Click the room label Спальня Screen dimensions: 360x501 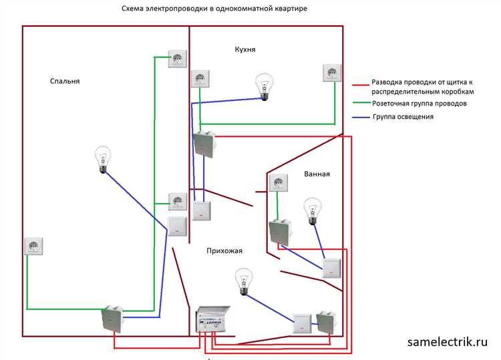point(65,81)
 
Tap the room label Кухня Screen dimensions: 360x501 point(245,49)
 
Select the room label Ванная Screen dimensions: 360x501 point(317,174)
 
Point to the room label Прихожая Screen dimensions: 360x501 point(224,250)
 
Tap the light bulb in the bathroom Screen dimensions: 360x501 point(311,211)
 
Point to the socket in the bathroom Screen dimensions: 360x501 point(277,183)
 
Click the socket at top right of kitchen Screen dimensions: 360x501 point(332,73)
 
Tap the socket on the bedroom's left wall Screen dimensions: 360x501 point(34,246)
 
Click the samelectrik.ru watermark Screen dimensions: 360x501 point(448,341)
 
